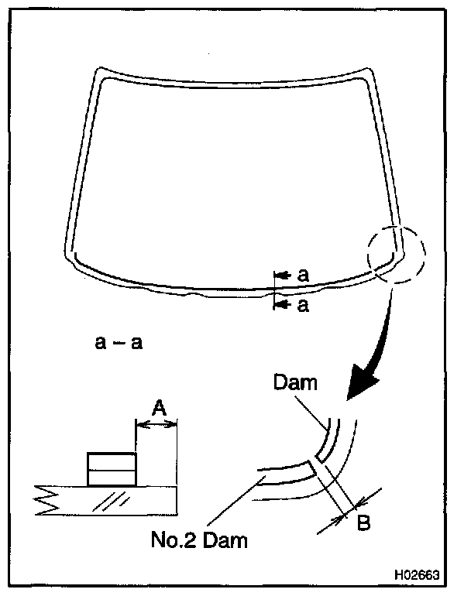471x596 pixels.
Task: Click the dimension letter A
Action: [x=156, y=407]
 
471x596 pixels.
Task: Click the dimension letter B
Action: [x=362, y=522]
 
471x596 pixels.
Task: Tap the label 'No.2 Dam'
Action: [x=199, y=539]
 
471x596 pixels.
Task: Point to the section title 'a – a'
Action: [x=118, y=342]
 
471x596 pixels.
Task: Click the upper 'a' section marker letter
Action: [x=304, y=275]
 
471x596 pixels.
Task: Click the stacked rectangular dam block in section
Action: [x=112, y=469]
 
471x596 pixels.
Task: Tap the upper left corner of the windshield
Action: [x=98, y=74]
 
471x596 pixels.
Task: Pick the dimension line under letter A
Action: [x=156, y=423]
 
